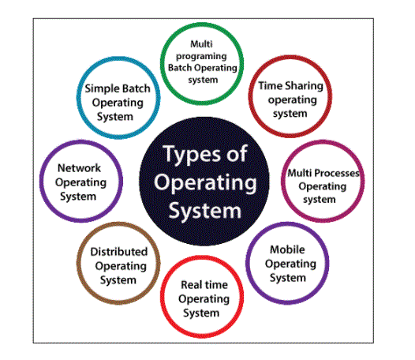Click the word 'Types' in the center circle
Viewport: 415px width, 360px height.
click(192, 154)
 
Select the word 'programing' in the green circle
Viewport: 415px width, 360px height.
click(201, 56)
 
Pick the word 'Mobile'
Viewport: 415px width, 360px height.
click(287, 249)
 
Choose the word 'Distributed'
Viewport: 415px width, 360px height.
click(119, 252)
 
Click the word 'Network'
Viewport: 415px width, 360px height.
click(80, 168)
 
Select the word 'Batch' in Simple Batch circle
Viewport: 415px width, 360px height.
click(137, 88)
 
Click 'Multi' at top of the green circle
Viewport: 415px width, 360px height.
click(201, 44)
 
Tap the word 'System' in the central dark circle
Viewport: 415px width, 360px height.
click(205, 211)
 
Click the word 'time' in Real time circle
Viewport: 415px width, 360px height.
click(215, 285)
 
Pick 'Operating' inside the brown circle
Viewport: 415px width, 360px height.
click(121, 266)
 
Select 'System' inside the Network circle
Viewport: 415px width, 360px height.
click(78, 197)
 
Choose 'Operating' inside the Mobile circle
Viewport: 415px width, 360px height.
click(290, 264)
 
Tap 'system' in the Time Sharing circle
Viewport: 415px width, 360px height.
click(290, 114)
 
